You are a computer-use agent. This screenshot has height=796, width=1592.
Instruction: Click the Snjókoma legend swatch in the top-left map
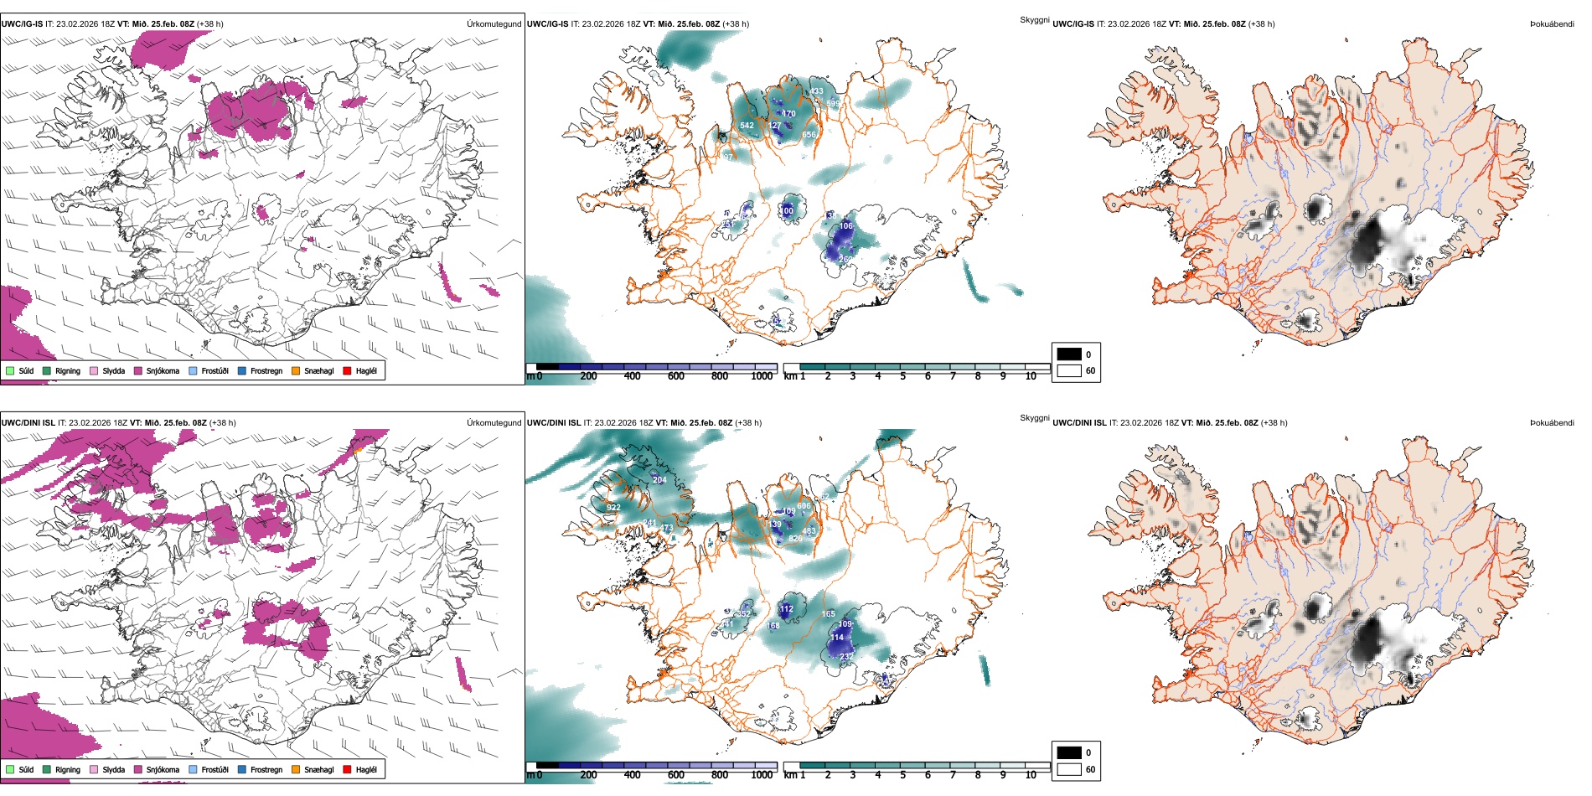138,371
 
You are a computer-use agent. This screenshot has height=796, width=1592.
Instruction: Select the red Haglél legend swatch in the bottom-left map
347,770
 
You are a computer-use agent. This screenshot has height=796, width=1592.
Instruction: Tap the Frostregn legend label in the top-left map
266,371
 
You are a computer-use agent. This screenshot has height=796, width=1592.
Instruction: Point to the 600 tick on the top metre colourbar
676,376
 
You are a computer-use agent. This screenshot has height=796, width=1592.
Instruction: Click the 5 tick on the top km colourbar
903,376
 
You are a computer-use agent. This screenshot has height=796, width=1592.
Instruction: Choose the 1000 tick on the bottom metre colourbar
762,775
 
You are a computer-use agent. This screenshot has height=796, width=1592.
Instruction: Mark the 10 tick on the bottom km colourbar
1031,775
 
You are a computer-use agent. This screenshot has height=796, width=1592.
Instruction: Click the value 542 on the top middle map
747,126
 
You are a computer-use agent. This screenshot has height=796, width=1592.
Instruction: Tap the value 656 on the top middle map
809,135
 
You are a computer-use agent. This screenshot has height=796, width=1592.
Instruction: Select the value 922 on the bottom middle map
613,508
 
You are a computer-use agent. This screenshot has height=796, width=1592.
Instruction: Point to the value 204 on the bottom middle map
659,480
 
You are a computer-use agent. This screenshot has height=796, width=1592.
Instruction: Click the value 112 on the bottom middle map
786,609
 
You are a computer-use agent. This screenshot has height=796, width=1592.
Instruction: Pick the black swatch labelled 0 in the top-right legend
1069,354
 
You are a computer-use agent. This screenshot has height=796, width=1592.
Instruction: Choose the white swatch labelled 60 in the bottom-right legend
1069,769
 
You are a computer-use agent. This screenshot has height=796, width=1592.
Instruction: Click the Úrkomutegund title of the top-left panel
494,24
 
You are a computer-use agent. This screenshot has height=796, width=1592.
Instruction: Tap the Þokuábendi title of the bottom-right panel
1552,423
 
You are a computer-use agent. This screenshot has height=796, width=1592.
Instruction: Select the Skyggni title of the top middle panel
1034,19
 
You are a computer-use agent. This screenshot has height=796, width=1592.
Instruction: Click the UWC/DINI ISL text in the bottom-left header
28,423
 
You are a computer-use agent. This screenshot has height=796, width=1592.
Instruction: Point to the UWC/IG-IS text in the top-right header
1073,24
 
